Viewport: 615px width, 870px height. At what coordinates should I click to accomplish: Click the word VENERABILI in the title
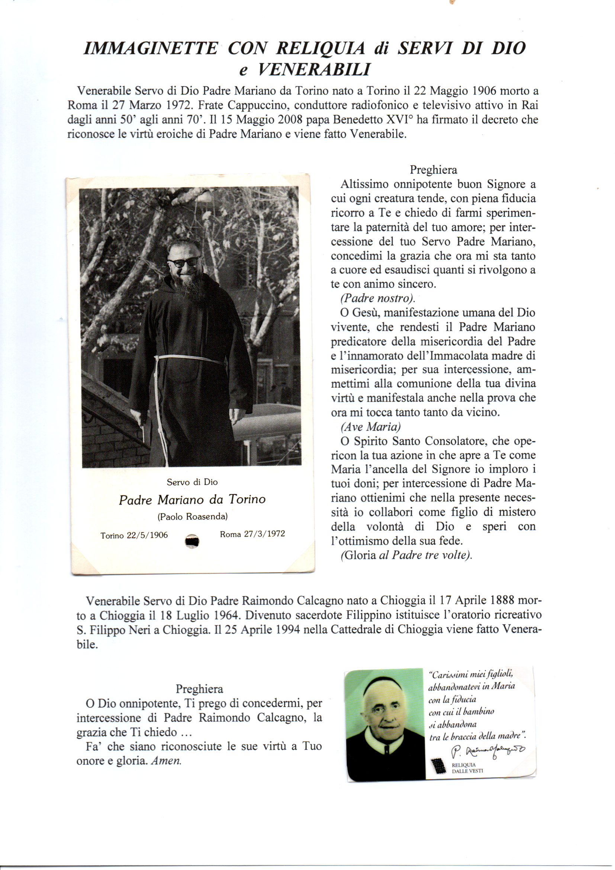314,70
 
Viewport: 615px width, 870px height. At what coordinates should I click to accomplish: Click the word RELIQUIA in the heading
321,48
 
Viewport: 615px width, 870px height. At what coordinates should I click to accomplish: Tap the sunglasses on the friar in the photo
184,262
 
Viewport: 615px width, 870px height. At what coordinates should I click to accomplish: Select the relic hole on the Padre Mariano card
192,541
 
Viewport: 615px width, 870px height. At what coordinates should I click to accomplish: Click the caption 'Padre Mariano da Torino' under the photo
192,500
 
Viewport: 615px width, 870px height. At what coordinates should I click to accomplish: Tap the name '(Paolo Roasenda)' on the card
192,516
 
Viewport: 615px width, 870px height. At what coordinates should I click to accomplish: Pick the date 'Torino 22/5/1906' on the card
134,535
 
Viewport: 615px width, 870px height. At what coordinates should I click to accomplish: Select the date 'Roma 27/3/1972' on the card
252,534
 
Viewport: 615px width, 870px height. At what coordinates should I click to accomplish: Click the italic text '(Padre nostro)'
377,298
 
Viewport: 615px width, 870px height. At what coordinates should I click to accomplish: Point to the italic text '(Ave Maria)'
370,427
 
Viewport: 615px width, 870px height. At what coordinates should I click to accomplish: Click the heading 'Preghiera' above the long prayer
433,170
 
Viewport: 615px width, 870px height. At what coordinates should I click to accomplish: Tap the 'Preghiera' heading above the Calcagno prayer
199,688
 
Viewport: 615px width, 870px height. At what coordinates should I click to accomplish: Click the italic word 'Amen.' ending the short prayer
166,761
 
